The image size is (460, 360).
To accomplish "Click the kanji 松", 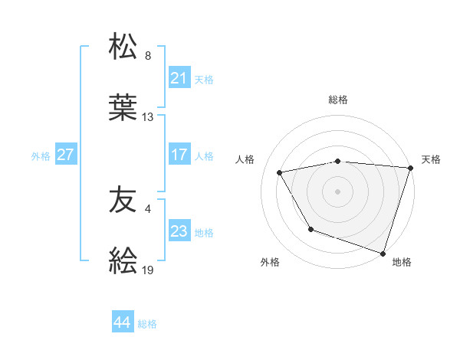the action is coord(123,47).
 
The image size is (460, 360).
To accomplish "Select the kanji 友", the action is coord(123,201).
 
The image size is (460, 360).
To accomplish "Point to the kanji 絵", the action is coord(123,262).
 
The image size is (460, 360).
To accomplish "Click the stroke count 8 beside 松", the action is coord(148,56).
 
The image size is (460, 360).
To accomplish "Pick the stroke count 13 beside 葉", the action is coord(148,117).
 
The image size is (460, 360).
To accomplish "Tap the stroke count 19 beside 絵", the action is coord(148,270).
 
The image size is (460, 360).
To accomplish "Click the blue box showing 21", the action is coord(179,78).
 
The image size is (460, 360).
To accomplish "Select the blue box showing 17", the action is coord(179,155).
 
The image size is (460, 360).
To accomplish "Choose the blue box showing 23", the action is coord(179,231).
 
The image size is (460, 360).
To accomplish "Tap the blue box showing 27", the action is coord(65,155).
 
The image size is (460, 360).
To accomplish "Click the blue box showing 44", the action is coord(123,322).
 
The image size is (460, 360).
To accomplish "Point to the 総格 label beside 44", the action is coord(148,324).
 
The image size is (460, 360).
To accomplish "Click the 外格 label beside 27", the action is coord(41,155).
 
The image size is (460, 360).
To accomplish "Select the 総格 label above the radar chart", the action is coord(337,100).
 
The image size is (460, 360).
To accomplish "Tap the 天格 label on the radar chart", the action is coord(431,159).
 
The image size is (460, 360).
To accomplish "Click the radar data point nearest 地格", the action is coord(383,253).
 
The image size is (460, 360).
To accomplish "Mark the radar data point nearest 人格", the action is coord(280,173).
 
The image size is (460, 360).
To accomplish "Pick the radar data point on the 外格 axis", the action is coord(310,229).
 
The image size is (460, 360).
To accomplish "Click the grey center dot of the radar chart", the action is coord(337,191).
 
